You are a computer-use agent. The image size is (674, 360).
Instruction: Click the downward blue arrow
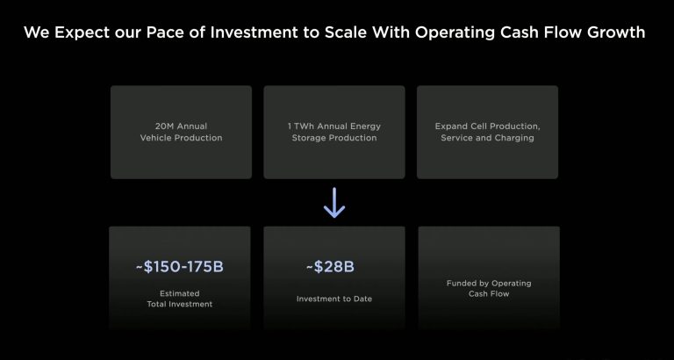(334, 203)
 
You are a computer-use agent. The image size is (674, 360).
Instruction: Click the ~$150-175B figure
(180, 267)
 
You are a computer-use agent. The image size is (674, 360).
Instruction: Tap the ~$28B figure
(330, 267)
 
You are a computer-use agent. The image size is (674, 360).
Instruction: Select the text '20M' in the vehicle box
(163, 126)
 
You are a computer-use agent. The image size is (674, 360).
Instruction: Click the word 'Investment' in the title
(255, 32)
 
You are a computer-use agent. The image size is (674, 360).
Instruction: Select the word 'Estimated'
(180, 294)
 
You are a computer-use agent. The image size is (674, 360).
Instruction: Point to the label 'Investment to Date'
(334, 299)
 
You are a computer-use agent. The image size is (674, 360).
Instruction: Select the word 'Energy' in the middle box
(366, 127)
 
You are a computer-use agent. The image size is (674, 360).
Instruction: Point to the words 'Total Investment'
(180, 305)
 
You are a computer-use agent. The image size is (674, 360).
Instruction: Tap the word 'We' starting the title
(37, 32)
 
